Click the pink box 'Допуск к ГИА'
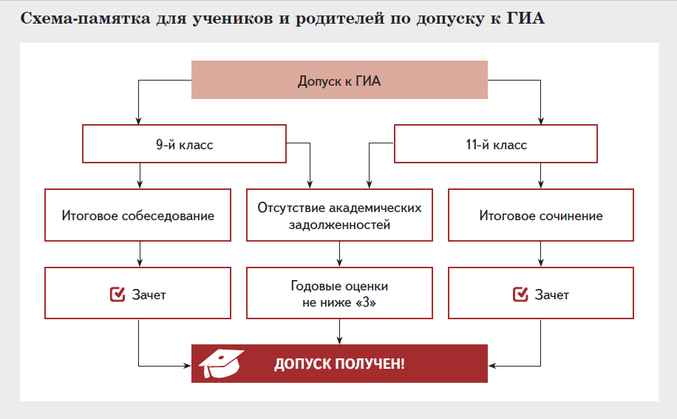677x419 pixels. tap(339, 81)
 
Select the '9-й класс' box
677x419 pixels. tap(184, 144)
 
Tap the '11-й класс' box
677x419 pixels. tap(496, 144)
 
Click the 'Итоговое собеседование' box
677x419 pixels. tap(137, 216)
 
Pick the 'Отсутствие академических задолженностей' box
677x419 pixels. tap(339, 216)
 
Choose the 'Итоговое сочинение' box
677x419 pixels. tap(540, 216)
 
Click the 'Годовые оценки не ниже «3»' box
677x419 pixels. tap(339, 294)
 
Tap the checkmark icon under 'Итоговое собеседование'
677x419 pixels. tap(117, 295)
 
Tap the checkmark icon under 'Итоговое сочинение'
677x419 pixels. tap(520, 295)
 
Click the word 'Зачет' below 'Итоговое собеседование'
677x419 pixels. tap(149, 295)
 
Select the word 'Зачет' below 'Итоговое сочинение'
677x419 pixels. tap(551, 295)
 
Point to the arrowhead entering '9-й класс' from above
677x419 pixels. tap(138, 121)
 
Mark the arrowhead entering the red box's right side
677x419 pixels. tap(492, 364)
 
